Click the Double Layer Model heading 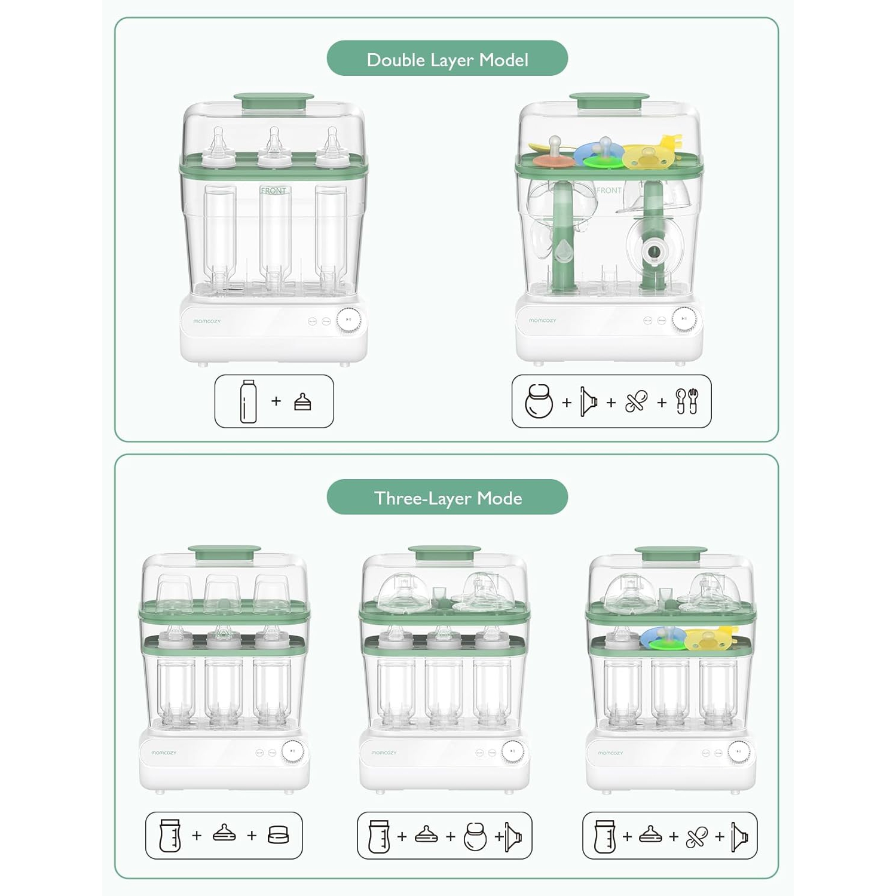(447, 59)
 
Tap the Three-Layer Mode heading (447, 498)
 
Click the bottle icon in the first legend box (248, 401)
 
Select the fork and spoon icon (687, 401)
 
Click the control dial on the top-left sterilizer (348, 320)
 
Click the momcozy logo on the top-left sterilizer (207, 321)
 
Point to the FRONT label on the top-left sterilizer (274, 191)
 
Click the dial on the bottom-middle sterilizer (512, 751)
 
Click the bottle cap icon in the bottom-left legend (279, 834)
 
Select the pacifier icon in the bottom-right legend (696, 836)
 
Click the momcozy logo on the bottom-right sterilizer (610, 753)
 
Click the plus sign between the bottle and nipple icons (276, 401)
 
